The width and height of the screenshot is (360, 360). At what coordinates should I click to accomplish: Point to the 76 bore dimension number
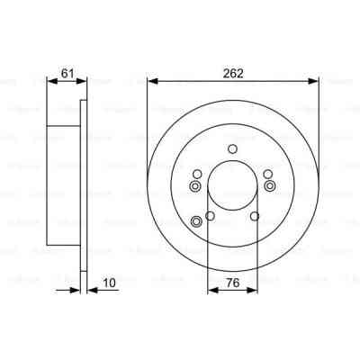point(232,283)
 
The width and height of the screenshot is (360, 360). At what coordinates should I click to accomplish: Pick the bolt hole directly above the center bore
point(232,148)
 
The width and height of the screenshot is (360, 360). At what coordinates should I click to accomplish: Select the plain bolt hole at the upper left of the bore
point(197,174)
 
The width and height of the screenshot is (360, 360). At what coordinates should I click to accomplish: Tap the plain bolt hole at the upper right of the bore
point(267,174)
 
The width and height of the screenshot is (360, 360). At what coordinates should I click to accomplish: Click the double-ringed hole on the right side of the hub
point(269,186)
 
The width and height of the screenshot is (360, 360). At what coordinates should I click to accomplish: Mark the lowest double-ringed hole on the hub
point(197,222)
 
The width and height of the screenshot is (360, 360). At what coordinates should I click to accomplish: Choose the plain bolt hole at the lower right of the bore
point(255,216)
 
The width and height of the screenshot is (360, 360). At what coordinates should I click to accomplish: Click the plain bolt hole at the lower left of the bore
point(211,216)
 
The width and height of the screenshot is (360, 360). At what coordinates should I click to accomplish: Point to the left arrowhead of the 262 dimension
point(149,81)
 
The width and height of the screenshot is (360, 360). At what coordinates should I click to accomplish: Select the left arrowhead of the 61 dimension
point(49,81)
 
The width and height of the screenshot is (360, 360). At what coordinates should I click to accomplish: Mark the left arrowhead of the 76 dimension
point(211,290)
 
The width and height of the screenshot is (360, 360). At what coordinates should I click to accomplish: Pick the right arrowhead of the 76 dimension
point(254,290)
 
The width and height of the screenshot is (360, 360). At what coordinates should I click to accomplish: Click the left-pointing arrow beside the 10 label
point(90,290)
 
